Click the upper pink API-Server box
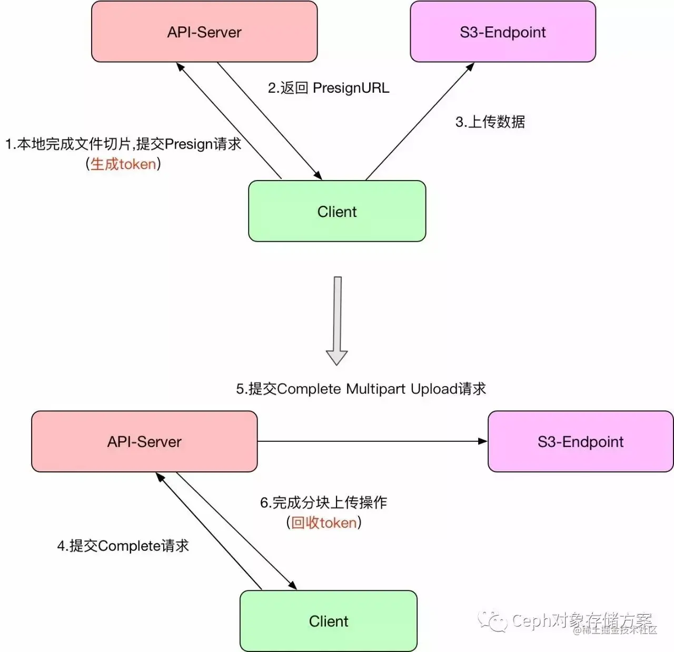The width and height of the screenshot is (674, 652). (204, 32)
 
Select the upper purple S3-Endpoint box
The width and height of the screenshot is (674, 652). (502, 32)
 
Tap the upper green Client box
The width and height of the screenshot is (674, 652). (336, 211)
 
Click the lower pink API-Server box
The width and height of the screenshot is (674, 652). (144, 441)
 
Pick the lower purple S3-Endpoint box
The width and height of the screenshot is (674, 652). (580, 441)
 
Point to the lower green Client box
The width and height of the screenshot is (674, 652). (328, 621)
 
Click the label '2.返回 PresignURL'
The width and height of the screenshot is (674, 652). (329, 88)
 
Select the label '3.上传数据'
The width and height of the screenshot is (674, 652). (490, 122)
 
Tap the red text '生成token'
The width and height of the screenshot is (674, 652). (123, 164)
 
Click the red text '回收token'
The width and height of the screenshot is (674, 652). (324, 522)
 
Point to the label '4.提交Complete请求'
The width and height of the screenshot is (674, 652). (123, 546)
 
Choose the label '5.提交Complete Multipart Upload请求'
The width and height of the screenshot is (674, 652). (361, 389)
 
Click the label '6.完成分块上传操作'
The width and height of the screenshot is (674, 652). (323, 502)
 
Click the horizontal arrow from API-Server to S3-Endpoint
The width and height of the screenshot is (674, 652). (369, 441)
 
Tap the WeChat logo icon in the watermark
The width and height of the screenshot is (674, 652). (492, 621)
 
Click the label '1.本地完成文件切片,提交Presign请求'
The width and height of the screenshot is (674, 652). (123, 144)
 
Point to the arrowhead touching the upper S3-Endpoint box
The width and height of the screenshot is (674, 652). (470, 67)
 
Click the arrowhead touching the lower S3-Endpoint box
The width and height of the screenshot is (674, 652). (483, 441)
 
